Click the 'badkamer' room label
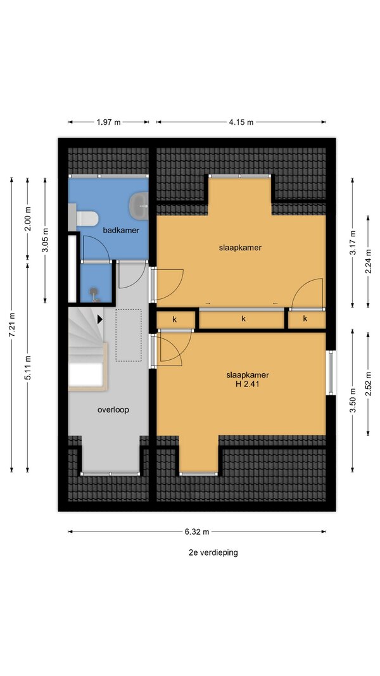coord(120,230)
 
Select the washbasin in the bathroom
coord(139,205)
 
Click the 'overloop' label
coord(113,410)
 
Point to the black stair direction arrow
coord(100,319)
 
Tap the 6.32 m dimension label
coord(197,532)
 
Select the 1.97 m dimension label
coord(108,122)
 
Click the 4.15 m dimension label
coord(241,122)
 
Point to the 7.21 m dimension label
coord(12,324)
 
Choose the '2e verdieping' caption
coord(213,552)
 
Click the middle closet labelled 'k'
coord(243,319)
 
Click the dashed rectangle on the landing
coord(129,335)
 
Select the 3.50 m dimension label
coord(353,400)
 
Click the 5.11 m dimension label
coord(28,367)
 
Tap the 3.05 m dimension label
coord(46,241)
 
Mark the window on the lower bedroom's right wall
coord(331,373)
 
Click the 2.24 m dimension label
coord(369,262)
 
